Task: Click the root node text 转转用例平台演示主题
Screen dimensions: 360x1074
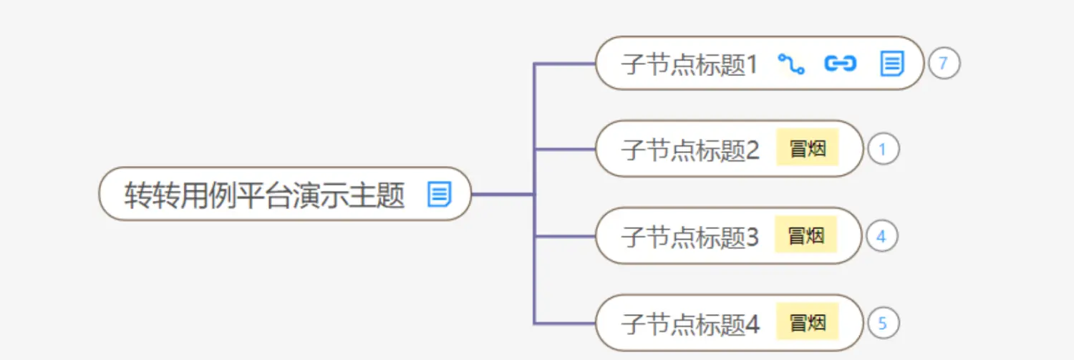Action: tap(265, 194)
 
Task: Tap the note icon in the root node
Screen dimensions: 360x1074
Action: tap(439, 194)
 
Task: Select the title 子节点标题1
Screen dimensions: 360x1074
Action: tap(689, 64)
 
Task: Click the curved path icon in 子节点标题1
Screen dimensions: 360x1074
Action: tap(791, 64)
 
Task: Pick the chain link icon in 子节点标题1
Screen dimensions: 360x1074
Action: tap(841, 64)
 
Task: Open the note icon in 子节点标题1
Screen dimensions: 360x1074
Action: tap(891, 64)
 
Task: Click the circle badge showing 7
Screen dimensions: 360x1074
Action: tap(944, 64)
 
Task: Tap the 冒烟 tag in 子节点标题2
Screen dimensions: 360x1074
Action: tap(807, 149)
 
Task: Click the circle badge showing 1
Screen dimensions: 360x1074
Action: tap(883, 150)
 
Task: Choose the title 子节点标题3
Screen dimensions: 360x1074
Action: tap(690, 237)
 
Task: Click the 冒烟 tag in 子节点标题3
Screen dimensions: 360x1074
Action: tap(806, 235)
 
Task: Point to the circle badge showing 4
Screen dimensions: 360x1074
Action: tap(881, 237)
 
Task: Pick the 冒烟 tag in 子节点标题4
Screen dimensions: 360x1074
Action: tap(807, 323)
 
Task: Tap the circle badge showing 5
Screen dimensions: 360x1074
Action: tap(883, 323)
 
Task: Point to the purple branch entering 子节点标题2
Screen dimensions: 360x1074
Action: tap(566, 150)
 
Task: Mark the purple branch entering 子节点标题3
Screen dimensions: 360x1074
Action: tap(566, 236)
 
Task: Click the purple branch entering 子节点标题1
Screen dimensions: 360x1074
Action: tap(566, 64)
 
